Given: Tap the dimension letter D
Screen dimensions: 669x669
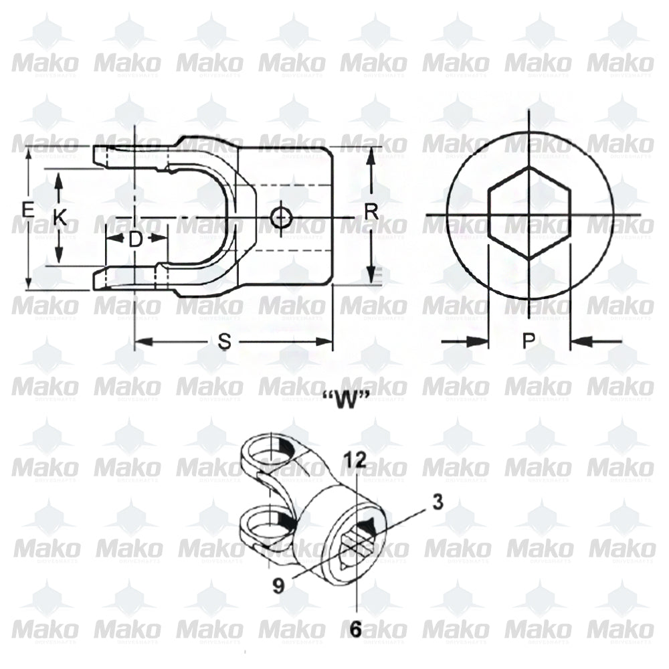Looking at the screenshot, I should [136, 240].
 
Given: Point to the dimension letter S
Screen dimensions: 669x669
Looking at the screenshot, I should [225, 342].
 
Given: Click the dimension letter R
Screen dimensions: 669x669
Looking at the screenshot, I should [371, 212].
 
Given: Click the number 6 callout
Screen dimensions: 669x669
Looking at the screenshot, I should [356, 629].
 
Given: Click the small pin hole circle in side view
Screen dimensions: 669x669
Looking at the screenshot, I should [280, 217].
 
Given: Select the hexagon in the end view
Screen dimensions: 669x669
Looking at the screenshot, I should [529, 213].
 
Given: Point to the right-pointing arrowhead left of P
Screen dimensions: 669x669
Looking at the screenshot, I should [478, 342].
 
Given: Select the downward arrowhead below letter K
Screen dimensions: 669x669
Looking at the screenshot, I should [60, 257].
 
